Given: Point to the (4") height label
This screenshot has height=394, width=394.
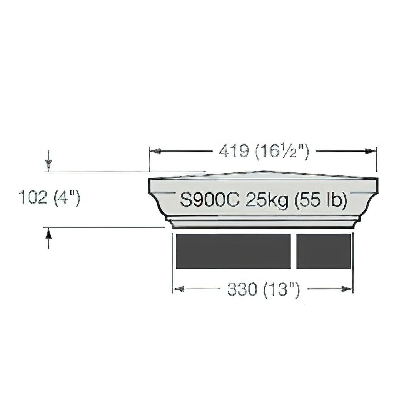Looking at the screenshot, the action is tap(67, 198).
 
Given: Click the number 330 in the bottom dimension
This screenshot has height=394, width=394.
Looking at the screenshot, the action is tap(242, 289).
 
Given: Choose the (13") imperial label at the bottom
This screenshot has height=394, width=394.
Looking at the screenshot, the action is tap(282, 290).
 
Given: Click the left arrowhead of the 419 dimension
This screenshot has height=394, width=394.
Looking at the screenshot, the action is tap(155, 151).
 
